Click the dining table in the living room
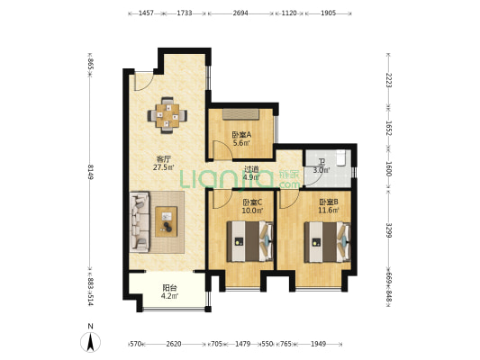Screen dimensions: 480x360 (x=168, y=115)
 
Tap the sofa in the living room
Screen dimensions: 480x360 (x=140, y=221)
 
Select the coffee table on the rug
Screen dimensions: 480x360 (x=166, y=221)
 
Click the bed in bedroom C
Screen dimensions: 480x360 (x=249, y=241)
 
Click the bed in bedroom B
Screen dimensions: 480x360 (x=327, y=242)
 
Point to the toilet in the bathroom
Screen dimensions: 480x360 (x=341, y=157)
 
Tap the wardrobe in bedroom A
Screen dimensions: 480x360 (x=241, y=113)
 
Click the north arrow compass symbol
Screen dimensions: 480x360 (x=90, y=341)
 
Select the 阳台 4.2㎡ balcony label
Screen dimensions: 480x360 (x=169, y=292)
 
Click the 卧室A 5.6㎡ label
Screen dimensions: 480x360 (x=241, y=139)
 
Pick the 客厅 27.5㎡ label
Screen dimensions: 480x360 (x=164, y=163)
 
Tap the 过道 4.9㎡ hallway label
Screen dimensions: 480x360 (x=251, y=173)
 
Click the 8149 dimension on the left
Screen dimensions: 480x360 (x=91, y=172)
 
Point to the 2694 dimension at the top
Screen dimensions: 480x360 (x=240, y=13)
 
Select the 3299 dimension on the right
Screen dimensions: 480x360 (x=389, y=230)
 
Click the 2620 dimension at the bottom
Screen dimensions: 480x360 (x=174, y=344)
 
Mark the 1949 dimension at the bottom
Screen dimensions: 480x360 (x=319, y=344)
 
